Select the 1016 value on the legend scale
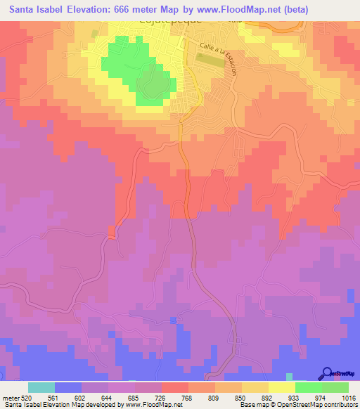point(349,397)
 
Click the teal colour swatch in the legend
point(41,387)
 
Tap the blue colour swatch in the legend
point(68,387)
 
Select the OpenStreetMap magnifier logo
point(328,374)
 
